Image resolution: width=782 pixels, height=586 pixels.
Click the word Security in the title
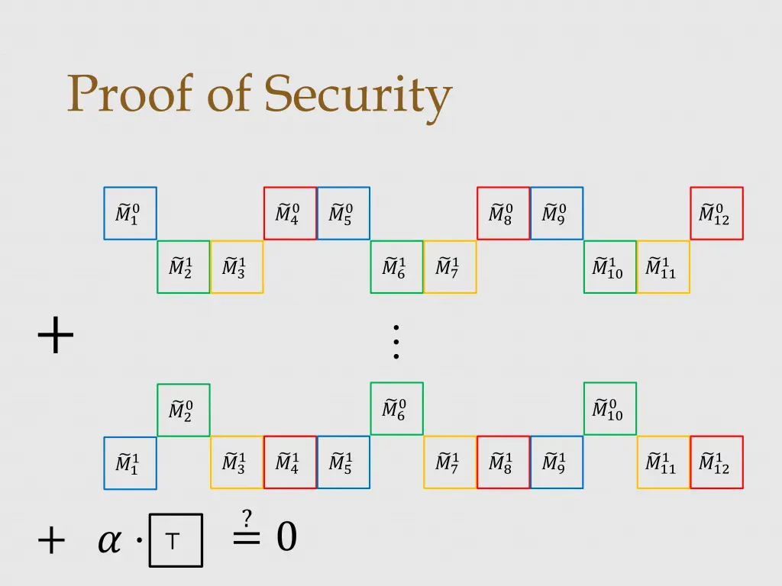point(358,96)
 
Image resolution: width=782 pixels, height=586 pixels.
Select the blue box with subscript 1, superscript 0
point(130,214)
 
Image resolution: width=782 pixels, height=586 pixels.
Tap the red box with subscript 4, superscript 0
point(290,214)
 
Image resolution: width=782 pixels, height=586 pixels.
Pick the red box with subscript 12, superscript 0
point(716,214)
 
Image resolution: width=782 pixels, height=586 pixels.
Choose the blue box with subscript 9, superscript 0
point(557,214)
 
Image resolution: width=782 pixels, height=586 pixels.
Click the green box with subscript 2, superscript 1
point(183,267)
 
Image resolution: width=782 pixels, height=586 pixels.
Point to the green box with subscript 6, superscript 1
point(396,267)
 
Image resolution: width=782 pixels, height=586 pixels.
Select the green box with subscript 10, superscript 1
point(609,267)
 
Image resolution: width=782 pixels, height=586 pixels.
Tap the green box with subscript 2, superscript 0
point(183,410)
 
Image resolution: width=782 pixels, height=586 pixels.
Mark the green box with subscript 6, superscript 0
point(396,408)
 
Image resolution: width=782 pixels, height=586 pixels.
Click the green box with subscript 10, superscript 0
point(609,408)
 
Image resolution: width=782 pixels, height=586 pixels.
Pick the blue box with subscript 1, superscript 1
point(130,463)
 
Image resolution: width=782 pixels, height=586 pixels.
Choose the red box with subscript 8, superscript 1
point(503,462)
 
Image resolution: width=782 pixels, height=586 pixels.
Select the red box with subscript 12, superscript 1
point(716,462)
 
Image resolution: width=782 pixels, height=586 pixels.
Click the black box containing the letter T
point(176,540)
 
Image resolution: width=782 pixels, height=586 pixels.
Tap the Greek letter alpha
point(109,541)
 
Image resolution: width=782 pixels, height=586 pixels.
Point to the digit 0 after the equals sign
point(286,537)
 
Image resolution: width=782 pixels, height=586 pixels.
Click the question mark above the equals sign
point(247,518)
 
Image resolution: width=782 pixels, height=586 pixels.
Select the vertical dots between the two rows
point(396,342)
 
